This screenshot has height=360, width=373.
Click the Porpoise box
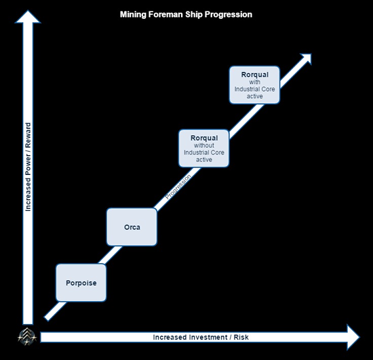(x=81, y=283)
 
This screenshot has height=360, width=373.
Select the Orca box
(x=132, y=227)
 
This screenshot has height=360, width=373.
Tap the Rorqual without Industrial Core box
(x=204, y=148)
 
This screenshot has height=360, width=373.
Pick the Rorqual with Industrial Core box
(x=254, y=85)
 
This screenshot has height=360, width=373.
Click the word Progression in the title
(x=229, y=15)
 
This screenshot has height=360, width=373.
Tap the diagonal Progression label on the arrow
(x=178, y=186)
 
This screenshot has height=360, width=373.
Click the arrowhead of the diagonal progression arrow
(x=306, y=59)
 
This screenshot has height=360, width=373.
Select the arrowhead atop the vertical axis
(x=28, y=17)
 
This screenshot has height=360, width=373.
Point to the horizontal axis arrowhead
(x=353, y=337)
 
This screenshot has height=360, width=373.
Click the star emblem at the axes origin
(x=27, y=337)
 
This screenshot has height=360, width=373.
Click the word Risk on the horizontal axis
(x=241, y=338)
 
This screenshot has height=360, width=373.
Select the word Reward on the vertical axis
(x=28, y=135)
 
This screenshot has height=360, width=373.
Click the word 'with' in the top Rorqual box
(x=254, y=82)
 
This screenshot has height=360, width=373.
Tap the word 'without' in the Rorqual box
(x=204, y=145)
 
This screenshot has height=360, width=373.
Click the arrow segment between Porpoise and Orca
(x=110, y=255)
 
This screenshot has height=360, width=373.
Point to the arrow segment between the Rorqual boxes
(x=246, y=121)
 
